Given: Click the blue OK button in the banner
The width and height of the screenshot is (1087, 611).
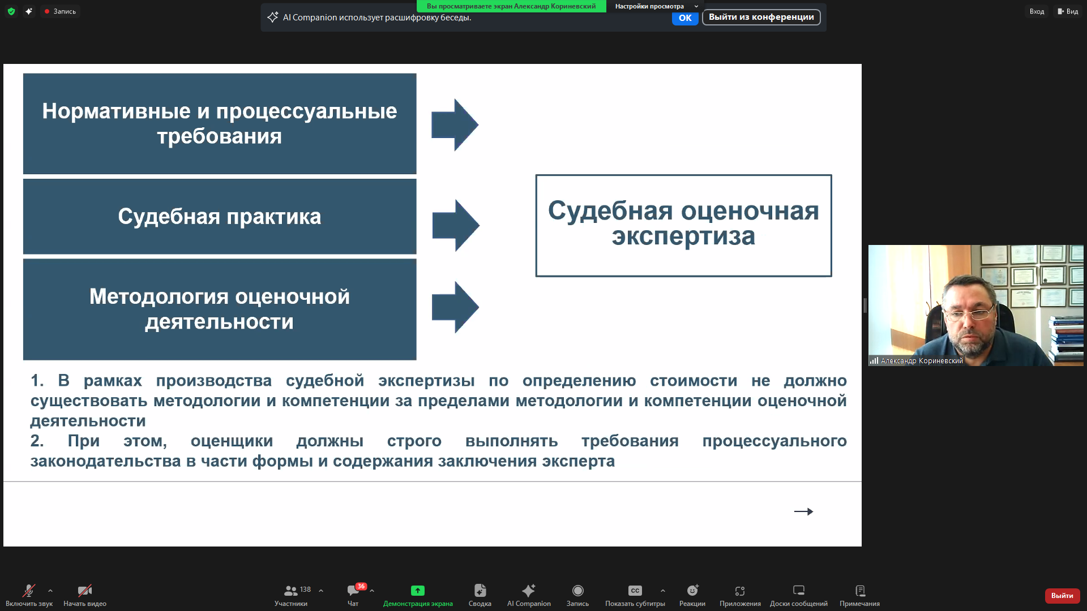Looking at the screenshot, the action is tap(684, 18).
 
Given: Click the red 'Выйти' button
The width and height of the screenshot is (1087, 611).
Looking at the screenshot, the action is tap(1062, 595).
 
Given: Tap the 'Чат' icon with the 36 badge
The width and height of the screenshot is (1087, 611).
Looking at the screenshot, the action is tap(353, 591).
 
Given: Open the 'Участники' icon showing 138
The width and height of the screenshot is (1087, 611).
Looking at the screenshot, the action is tap(290, 591).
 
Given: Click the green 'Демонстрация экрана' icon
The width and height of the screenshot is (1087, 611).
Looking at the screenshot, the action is tap(418, 591).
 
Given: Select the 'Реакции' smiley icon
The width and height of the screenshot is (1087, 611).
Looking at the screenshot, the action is tap(692, 591).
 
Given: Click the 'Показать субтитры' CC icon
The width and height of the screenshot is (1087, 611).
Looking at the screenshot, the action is tap(635, 591).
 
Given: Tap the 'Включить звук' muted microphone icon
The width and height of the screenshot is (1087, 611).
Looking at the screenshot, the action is tap(28, 591).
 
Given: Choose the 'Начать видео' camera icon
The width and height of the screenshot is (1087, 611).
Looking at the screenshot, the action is tap(85, 591).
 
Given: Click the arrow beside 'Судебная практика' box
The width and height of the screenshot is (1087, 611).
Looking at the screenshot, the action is tap(456, 225).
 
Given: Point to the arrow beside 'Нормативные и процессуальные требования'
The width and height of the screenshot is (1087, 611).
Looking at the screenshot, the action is tap(455, 125).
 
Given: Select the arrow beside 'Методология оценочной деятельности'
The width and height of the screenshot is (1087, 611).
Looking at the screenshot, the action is tap(455, 307).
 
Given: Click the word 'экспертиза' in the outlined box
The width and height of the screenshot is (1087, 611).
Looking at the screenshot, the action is tap(683, 236).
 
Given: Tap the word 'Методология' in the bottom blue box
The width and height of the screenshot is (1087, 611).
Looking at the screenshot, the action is tap(159, 297).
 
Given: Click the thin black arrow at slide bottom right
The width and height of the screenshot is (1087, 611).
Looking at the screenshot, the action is tap(803, 511).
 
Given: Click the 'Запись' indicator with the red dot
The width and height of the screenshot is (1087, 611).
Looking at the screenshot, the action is tap(60, 11).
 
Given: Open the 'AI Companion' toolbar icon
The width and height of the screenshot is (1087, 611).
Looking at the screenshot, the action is tap(529, 591).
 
